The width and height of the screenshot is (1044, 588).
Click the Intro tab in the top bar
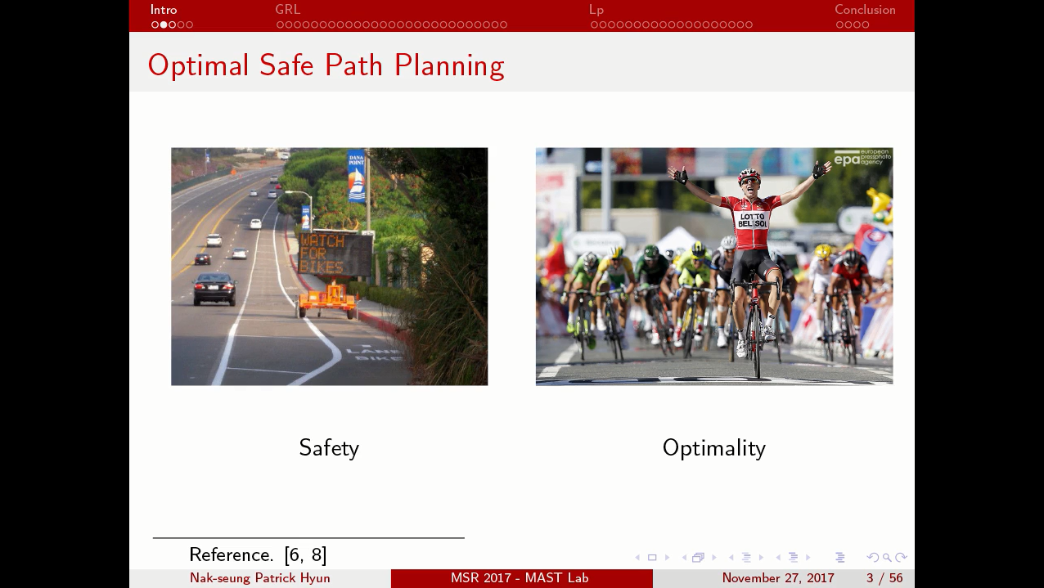pos(164,10)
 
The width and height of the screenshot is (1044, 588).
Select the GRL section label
pos(287,10)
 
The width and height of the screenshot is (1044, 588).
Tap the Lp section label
pos(596,10)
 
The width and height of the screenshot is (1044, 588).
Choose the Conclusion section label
pos(865,10)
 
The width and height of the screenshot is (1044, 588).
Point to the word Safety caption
pos(329,448)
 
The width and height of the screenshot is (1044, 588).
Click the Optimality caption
pos(713,448)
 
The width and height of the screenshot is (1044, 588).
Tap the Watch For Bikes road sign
pos(333,254)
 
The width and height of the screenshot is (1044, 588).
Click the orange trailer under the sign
pos(327,300)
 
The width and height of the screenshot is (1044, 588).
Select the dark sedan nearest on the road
pos(214,288)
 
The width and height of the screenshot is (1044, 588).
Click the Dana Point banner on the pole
pos(357,176)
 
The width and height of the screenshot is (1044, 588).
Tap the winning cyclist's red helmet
pos(749,176)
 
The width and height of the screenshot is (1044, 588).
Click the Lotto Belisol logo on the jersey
pos(752,220)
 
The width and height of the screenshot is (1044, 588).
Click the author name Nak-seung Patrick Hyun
pos(260,578)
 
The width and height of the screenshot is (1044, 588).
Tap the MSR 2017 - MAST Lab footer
pos(520,578)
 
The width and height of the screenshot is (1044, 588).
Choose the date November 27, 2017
pos(778,578)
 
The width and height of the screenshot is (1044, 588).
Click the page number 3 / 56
pos(884,578)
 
